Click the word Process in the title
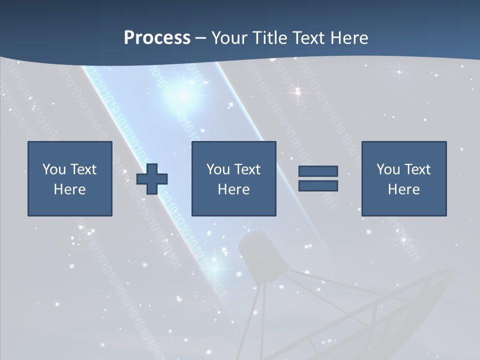pos(157,38)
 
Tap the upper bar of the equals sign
pos(318,171)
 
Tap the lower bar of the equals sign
pos(318,186)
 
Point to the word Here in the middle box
pos(234,189)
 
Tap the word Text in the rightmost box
pos(417,169)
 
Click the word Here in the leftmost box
pos(70,189)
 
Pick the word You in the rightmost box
pos(388,169)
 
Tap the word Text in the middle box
pos(247,169)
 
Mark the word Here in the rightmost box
pos(404,189)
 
